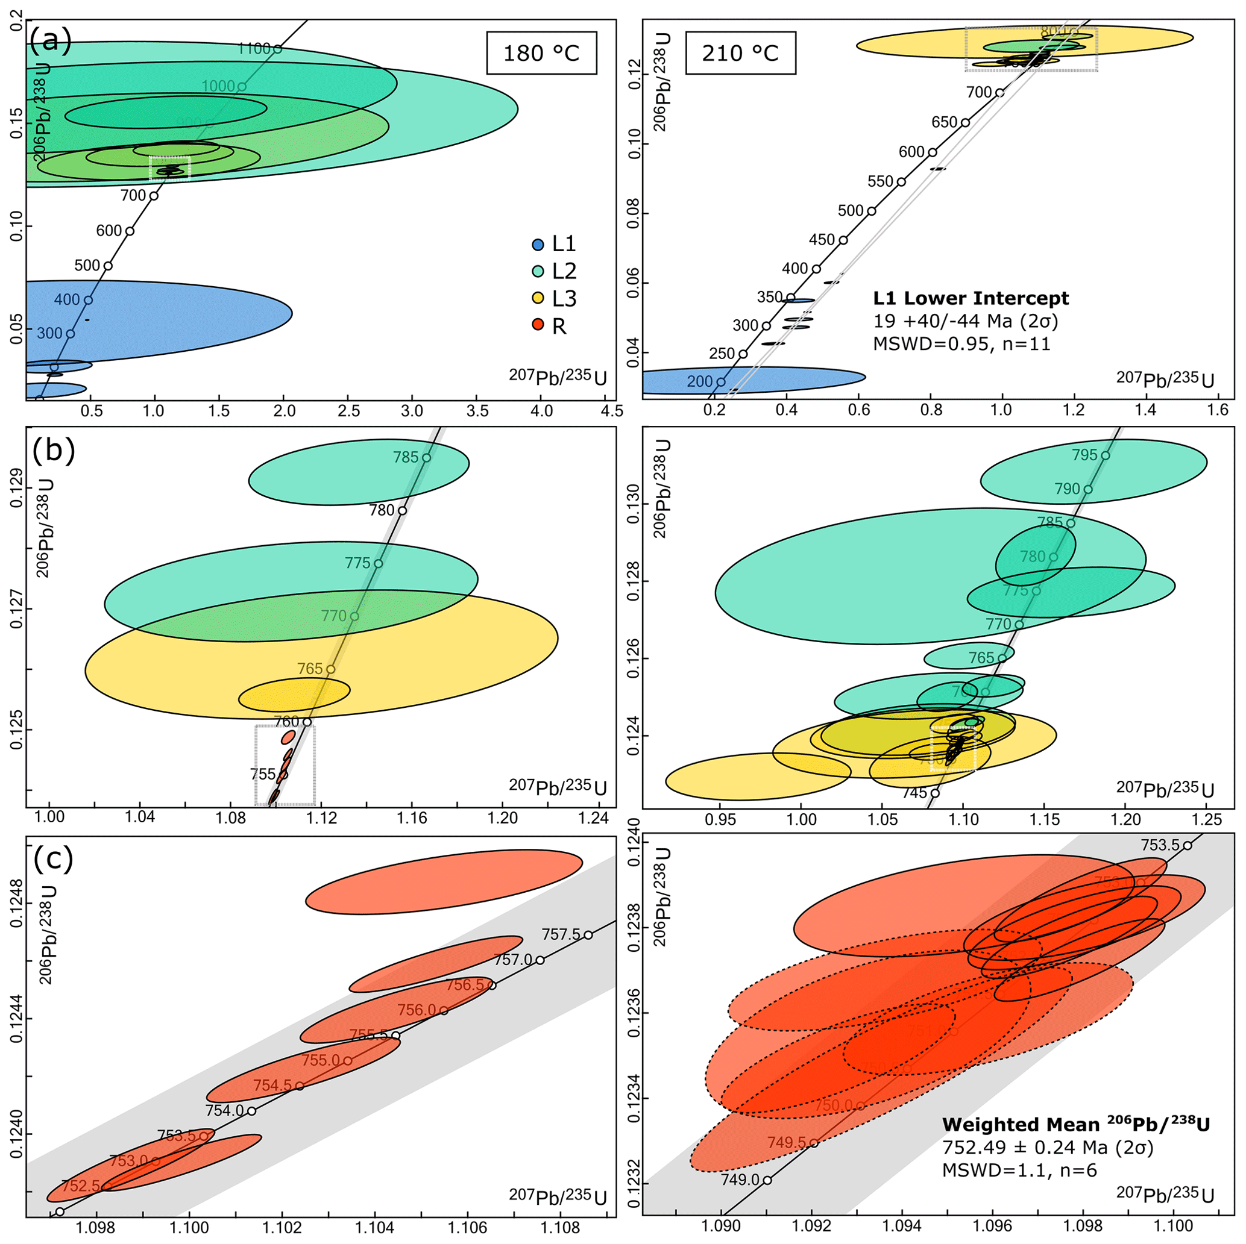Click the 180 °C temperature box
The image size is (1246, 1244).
tap(541, 53)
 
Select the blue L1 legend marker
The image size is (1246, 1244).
tap(538, 245)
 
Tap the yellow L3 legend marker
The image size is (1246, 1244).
tap(538, 299)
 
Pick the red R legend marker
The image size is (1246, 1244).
tap(538, 326)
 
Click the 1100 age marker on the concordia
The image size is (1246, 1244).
tap(277, 49)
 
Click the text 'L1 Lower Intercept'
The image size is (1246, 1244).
tap(971, 298)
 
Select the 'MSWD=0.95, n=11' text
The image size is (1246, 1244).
tap(961, 343)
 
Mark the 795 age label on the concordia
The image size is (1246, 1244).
tap(1084, 455)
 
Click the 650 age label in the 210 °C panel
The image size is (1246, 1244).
tap(944, 122)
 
